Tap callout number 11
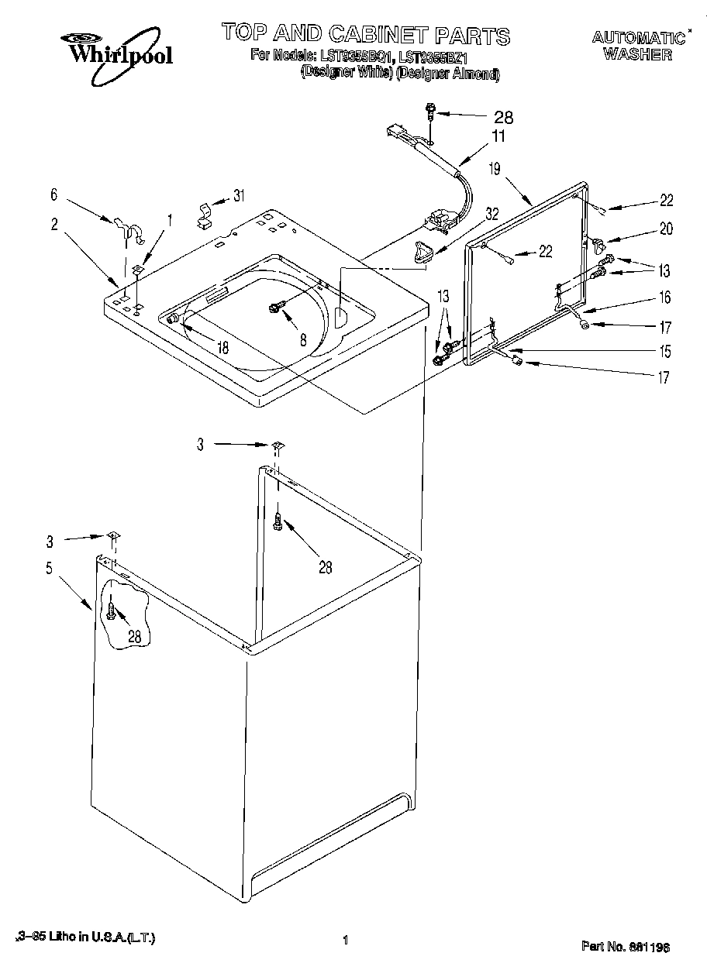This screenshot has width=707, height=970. (498, 136)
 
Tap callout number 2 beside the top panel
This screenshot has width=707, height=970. (55, 225)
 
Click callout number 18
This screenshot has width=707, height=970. (222, 348)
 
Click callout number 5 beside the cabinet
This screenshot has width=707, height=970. (49, 568)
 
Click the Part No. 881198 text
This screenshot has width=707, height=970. (626, 947)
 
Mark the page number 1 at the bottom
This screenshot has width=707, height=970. (343, 942)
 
